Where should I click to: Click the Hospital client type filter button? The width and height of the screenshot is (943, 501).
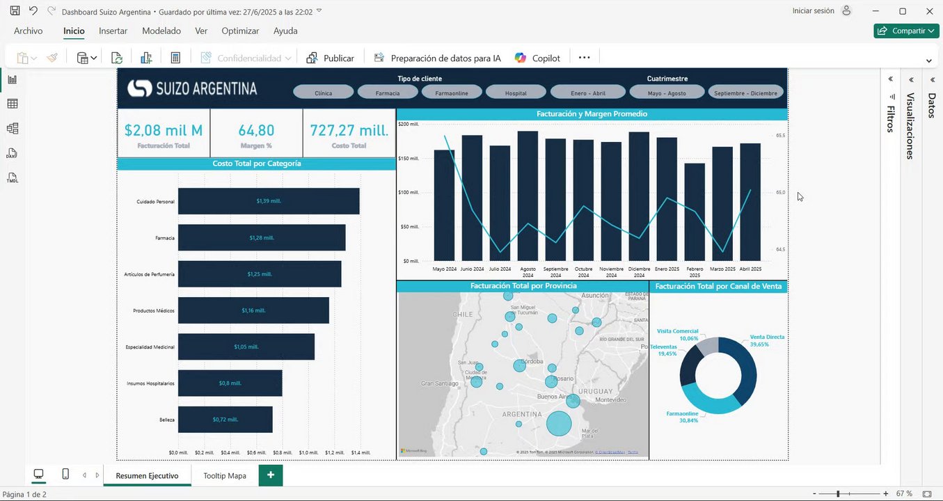click(x=516, y=93)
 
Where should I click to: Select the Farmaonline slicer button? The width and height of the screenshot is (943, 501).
click(x=452, y=93)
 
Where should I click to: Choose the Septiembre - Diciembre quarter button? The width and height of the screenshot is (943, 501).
click(x=745, y=93)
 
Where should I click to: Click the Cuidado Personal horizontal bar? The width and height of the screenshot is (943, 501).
click(x=269, y=201)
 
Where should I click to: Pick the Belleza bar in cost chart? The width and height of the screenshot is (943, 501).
click(x=225, y=420)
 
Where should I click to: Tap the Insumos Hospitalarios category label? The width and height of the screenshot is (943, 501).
click(x=150, y=383)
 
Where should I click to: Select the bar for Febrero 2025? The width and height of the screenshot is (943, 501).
click(x=695, y=212)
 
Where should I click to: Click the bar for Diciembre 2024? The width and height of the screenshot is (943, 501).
click(x=639, y=196)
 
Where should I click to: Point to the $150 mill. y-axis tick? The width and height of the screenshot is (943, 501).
click(x=409, y=159)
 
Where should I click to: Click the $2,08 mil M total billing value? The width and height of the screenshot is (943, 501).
click(x=164, y=130)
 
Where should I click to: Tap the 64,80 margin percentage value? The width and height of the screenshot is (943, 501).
click(x=256, y=130)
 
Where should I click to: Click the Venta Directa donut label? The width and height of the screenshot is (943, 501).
click(x=766, y=337)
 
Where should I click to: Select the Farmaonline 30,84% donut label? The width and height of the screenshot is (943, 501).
click(x=682, y=417)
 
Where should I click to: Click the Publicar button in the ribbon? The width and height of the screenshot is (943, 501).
click(x=331, y=58)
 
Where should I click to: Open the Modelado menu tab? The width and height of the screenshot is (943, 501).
click(x=161, y=31)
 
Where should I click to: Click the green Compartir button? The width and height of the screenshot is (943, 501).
click(x=906, y=31)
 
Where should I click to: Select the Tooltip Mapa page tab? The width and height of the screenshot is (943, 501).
click(x=225, y=476)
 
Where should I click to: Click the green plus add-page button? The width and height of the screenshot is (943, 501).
click(x=271, y=475)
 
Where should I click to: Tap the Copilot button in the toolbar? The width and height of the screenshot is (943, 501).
click(x=538, y=58)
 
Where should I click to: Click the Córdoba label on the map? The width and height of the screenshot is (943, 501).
click(x=532, y=362)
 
